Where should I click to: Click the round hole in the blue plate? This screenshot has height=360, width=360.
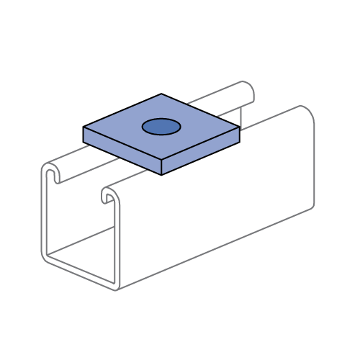(161, 127)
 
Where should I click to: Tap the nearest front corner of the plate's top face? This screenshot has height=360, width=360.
(161, 159)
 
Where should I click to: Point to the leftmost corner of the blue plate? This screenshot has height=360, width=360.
(84, 127)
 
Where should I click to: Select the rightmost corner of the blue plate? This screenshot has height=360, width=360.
(238, 128)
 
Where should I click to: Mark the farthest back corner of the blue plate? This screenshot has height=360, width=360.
(161, 95)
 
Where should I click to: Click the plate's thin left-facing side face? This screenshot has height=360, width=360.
(122, 150)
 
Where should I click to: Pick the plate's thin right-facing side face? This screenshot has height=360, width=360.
(200, 151)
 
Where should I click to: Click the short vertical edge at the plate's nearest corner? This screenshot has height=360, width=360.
(161, 166)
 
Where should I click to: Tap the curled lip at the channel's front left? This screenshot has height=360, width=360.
(50, 173)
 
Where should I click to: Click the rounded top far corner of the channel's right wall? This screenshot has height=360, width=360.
(307, 112)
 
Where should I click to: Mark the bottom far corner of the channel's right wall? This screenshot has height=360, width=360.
(312, 207)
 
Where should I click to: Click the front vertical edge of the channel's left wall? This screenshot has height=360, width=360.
(42, 216)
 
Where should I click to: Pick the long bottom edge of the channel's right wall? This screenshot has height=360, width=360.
(216, 248)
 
